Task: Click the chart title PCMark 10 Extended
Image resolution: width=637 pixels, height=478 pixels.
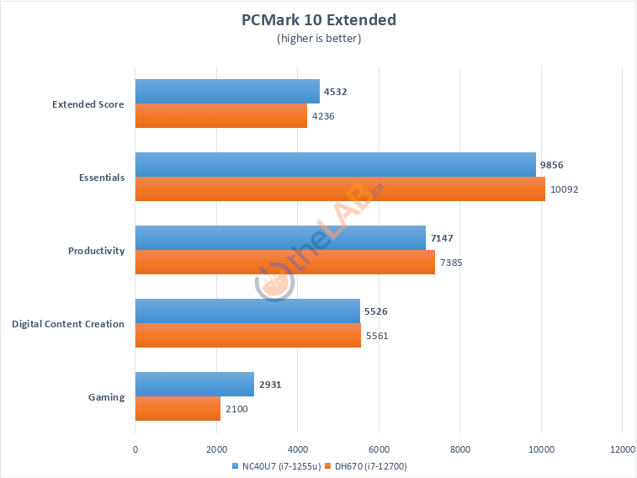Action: (318, 19)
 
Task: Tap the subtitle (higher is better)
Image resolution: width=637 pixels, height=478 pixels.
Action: (318, 38)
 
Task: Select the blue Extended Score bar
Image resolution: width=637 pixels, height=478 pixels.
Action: (227, 92)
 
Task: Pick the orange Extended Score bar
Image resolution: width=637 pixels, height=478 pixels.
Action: (220, 116)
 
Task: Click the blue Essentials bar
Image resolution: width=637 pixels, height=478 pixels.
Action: (335, 165)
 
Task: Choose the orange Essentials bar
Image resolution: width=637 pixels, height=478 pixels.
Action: (340, 189)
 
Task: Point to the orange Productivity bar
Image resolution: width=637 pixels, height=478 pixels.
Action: (284, 263)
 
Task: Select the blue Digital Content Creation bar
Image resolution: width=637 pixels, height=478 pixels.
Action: (247, 311)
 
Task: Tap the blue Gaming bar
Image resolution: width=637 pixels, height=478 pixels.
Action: (194, 385)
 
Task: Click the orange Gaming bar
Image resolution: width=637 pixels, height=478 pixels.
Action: (178, 409)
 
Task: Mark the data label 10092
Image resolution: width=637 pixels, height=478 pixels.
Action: (564, 189)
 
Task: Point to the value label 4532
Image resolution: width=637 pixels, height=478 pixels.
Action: (337, 93)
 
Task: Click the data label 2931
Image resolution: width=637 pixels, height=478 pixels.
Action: (270, 385)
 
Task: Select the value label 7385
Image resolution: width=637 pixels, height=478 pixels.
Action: (452, 263)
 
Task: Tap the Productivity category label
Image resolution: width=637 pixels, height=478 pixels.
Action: (96, 251)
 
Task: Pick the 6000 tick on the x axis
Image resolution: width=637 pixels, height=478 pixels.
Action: (378, 450)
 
